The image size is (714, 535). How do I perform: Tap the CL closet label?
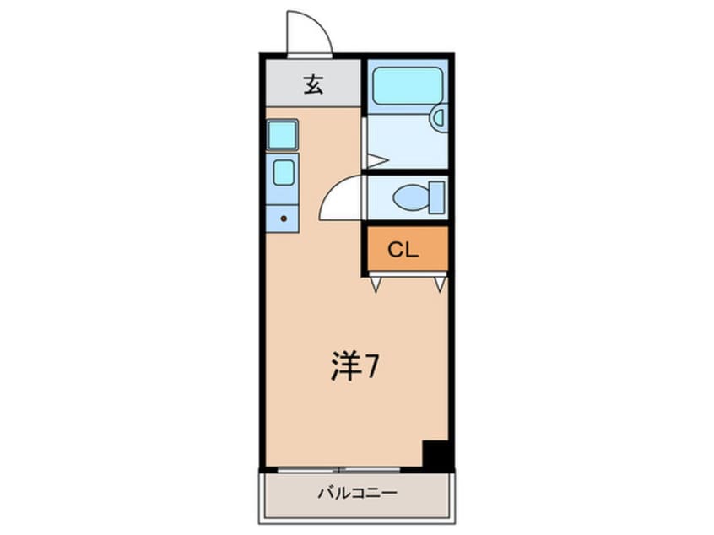point(403,250)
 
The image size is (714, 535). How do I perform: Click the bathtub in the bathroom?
point(408,84)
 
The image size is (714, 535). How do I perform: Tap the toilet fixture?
point(412,198)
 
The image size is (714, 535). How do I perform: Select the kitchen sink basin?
point(282,135)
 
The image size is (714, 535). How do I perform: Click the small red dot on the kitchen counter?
point(284,219)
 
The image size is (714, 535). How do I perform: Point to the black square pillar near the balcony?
point(436,456)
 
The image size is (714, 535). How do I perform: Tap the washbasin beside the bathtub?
point(438,117)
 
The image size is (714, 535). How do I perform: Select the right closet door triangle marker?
point(440,284)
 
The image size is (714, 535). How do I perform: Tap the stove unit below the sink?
point(283,173)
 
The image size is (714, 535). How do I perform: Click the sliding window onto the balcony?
point(339,468)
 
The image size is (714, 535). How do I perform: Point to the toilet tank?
point(437,198)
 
